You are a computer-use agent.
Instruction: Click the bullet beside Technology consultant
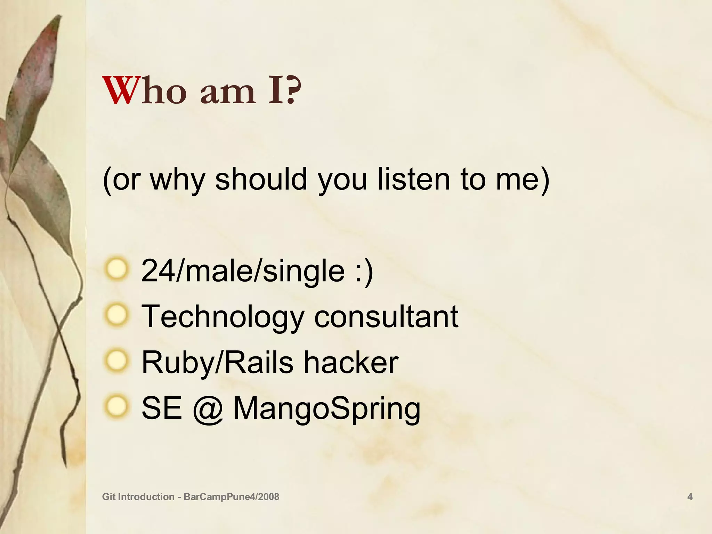[x=117, y=315]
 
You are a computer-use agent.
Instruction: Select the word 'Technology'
[x=222, y=317]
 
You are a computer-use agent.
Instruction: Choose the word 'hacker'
[x=351, y=362]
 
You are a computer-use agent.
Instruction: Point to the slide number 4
[x=690, y=497]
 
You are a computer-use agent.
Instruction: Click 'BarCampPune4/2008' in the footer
[x=231, y=497]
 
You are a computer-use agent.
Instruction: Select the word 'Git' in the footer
[x=109, y=497]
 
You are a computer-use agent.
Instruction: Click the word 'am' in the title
[x=228, y=91]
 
